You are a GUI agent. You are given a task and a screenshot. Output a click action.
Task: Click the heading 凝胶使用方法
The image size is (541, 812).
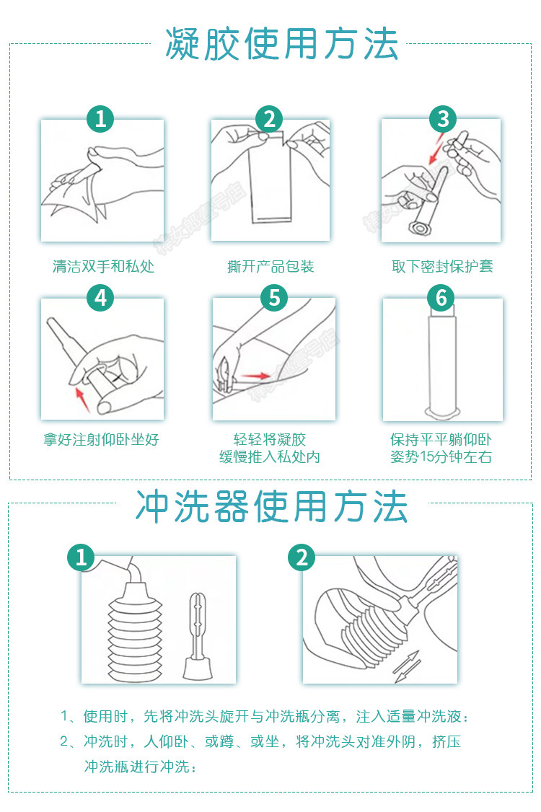coord(281,44)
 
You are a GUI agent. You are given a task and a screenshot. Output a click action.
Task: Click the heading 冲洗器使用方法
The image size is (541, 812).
coord(272,506)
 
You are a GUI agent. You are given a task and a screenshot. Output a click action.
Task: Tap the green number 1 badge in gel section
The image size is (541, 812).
coord(101,119)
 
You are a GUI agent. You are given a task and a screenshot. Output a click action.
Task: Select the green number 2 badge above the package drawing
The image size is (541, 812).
coord(269,119)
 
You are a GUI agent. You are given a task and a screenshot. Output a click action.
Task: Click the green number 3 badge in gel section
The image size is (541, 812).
coord(443,119)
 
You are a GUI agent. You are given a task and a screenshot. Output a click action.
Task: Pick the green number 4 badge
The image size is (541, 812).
coord(101,297)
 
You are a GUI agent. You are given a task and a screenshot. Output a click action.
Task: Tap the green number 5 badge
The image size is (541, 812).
coord(273,297)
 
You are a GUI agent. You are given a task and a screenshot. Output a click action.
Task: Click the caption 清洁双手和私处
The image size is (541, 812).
coord(103,267)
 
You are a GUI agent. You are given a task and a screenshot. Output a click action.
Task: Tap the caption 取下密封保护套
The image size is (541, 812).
coord(442,267)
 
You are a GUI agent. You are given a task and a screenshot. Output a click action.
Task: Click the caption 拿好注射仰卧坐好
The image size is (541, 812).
coord(101,439)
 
